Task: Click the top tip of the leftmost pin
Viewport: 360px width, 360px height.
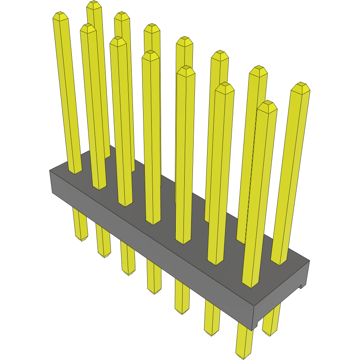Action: pyautogui.click(x=60, y=16)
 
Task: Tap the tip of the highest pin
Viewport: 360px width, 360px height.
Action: pyautogui.click(x=94, y=5)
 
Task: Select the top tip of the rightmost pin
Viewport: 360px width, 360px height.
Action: pyautogui.click(x=301, y=86)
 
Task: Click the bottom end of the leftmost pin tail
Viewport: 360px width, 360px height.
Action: pyautogui.click(x=82, y=239)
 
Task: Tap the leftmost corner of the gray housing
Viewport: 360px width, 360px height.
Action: pyautogui.click(x=50, y=170)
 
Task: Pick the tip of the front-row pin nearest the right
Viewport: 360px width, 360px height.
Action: pyautogui.click(x=267, y=105)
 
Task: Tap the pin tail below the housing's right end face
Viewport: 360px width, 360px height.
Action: pyautogui.click(x=271, y=322)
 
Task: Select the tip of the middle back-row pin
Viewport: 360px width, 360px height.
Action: pyautogui.click(x=184, y=41)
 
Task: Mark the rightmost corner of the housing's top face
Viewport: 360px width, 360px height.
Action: pyautogui.click(x=309, y=261)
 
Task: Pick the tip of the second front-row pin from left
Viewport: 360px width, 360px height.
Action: pyautogui.click(x=88, y=28)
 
